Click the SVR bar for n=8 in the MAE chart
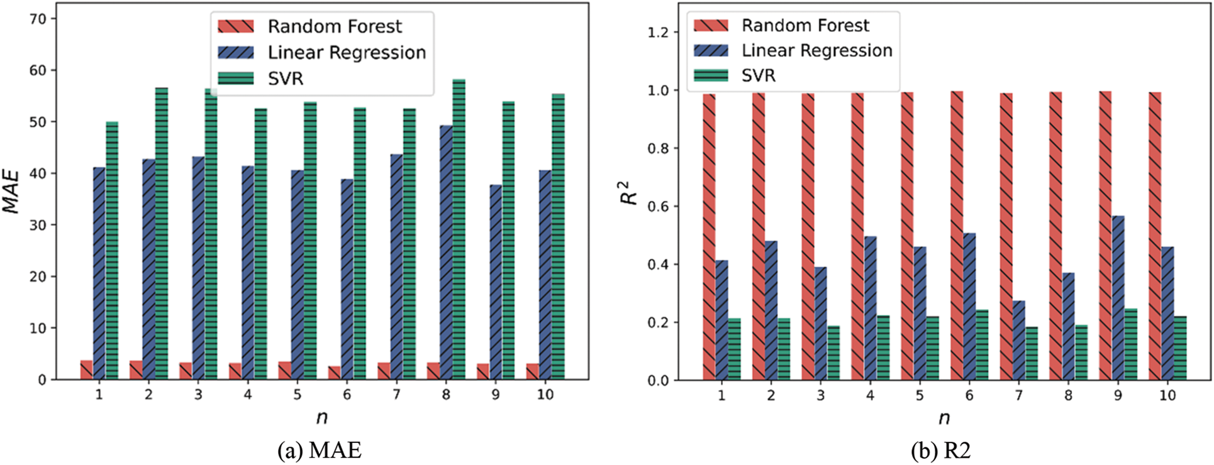pyautogui.click(x=459, y=229)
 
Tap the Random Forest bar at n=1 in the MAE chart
pyautogui.click(x=86, y=370)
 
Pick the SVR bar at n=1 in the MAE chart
pyautogui.click(x=112, y=251)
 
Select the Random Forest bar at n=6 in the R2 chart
pyautogui.click(x=957, y=236)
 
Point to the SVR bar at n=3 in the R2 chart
pyautogui.click(x=833, y=353)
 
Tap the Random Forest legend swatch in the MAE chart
pyautogui.click(x=236, y=26)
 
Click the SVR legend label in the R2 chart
pyautogui.click(x=759, y=75)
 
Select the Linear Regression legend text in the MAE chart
pyautogui.click(x=347, y=53)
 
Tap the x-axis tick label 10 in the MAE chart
pyautogui.click(x=545, y=395)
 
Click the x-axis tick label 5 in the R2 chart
pyautogui.click(x=920, y=395)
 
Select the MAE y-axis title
pyautogui.click(x=12, y=191)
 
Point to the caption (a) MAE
pyautogui.click(x=320, y=451)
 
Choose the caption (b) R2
pyautogui.click(x=940, y=451)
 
